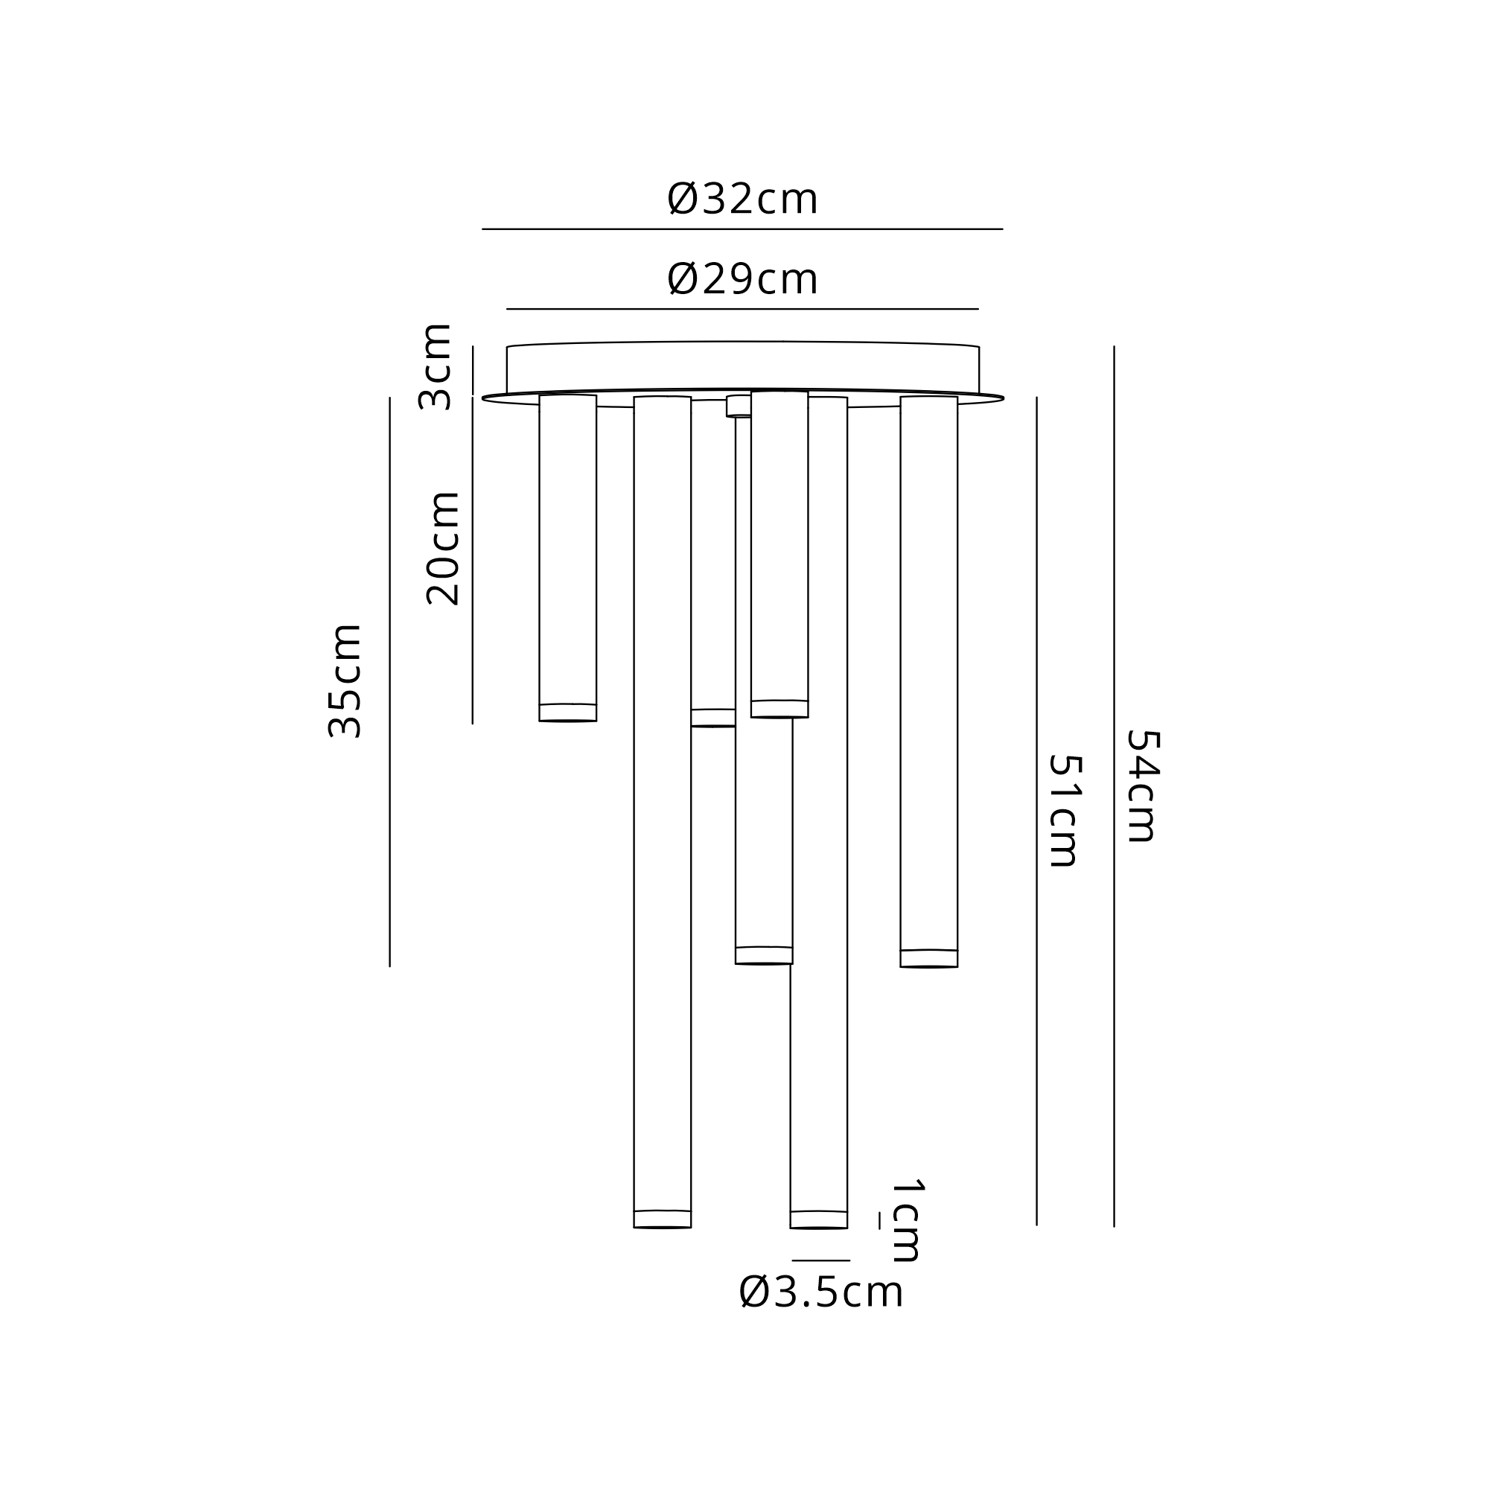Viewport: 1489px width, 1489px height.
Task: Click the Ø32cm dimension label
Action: (742, 200)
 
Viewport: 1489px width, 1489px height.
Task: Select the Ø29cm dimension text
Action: (742, 279)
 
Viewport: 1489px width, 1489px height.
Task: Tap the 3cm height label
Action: (435, 367)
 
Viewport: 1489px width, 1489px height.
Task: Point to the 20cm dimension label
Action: (443, 548)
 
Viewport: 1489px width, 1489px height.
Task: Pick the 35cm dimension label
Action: (345, 681)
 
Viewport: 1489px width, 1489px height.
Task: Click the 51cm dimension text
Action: (1065, 810)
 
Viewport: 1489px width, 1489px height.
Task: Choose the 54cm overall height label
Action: (1143, 785)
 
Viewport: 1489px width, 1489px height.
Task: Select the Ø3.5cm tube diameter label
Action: (820, 1292)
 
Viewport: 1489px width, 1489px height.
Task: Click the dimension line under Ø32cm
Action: (742, 229)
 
